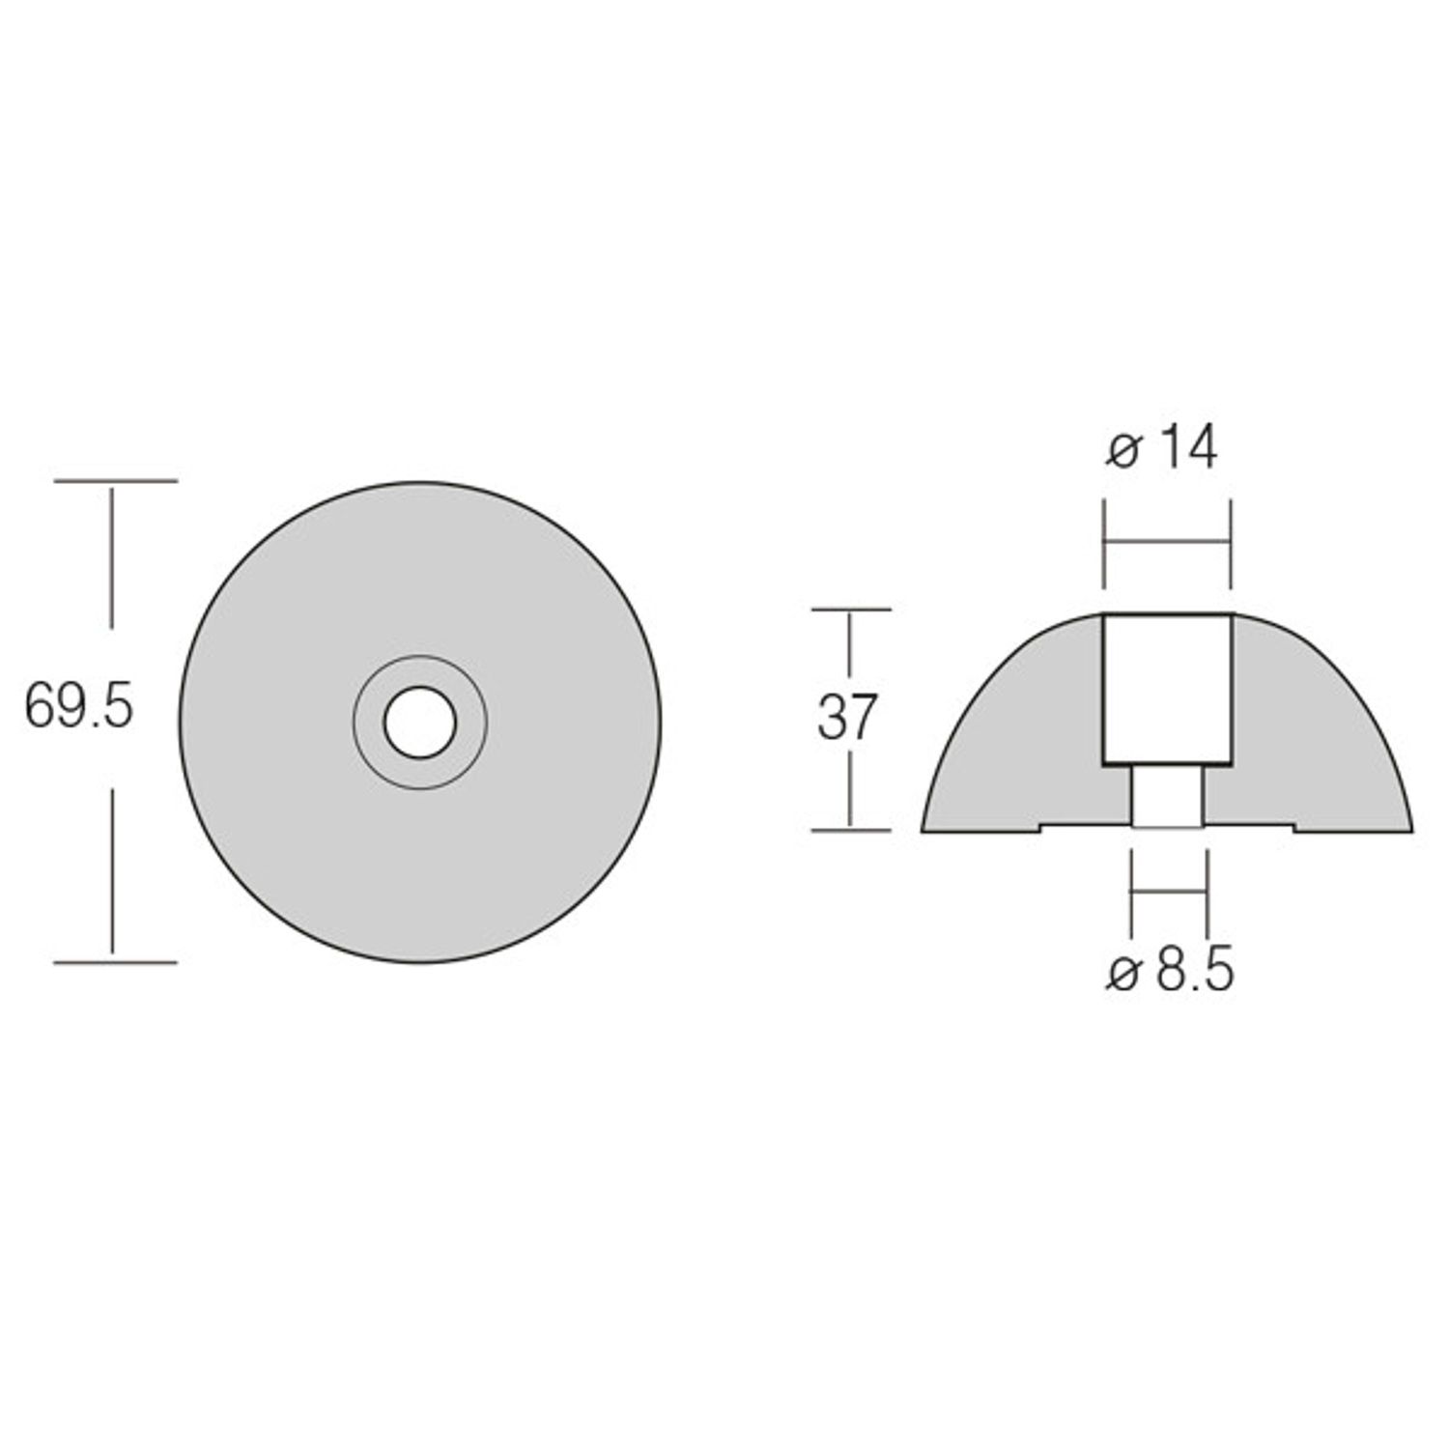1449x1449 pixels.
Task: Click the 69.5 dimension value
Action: click(78, 708)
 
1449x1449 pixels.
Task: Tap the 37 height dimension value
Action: click(847, 718)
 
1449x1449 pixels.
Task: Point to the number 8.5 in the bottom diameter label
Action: click(1195, 972)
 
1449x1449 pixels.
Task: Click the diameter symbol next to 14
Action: click(1123, 451)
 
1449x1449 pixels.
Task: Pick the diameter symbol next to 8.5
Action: click(1123, 976)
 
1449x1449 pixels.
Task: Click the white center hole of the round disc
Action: click(419, 723)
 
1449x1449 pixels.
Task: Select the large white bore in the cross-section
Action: click(1167, 688)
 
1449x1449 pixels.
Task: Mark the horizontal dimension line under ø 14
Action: click(1167, 543)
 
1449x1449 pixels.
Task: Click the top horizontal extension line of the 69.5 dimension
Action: click(115, 480)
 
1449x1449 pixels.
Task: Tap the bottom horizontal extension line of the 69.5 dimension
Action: click(115, 962)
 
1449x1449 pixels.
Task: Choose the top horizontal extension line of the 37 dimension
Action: click(850, 610)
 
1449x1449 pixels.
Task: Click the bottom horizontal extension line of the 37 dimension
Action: click(850, 829)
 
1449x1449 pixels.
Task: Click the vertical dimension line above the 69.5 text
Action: click(113, 555)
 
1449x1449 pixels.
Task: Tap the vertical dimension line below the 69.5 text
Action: click(113, 869)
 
